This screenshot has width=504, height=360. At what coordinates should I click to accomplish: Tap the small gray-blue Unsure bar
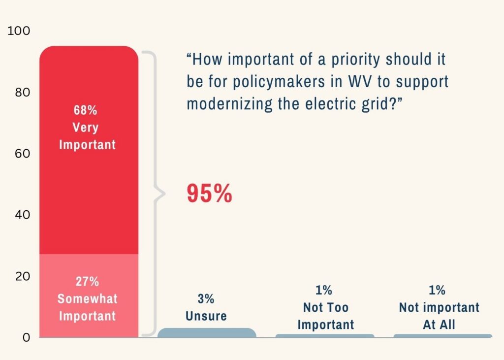pyautogui.click(x=207, y=332)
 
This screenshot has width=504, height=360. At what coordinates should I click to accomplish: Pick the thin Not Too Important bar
pyautogui.click(x=325, y=336)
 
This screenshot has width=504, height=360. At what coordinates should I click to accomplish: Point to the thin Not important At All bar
pyautogui.click(x=442, y=336)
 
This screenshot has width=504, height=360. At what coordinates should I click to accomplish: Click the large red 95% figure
pyautogui.click(x=209, y=194)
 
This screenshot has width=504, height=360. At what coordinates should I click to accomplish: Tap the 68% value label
pyautogui.click(x=86, y=110)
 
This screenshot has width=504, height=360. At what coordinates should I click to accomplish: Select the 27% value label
pyautogui.click(x=87, y=282)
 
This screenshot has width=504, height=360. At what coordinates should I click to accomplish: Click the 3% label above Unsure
pyautogui.click(x=206, y=298)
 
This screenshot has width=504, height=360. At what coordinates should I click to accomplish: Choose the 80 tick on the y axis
pyautogui.click(x=22, y=92)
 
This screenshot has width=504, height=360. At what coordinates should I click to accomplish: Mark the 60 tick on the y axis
pyautogui.click(x=22, y=153)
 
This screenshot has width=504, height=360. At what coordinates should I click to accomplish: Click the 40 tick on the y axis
pyautogui.click(x=22, y=215)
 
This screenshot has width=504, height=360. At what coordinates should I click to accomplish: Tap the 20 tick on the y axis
pyautogui.click(x=22, y=276)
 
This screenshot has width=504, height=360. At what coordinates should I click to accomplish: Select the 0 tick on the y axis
pyautogui.click(x=26, y=337)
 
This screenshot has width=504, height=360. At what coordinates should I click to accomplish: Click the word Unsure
pyautogui.click(x=206, y=316)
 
